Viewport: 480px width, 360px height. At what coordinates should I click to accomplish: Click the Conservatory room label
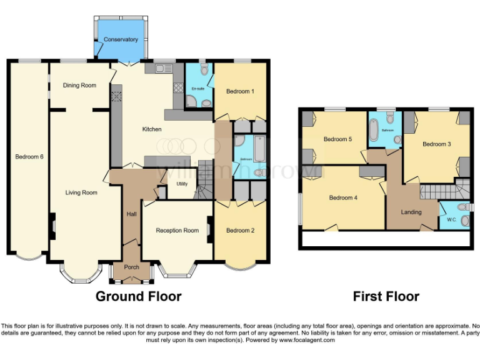[x=121, y=39]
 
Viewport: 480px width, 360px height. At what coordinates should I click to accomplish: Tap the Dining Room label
[x=80, y=85]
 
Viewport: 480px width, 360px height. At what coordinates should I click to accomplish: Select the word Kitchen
[x=152, y=129]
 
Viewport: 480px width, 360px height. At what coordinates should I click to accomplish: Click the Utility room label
[x=182, y=184]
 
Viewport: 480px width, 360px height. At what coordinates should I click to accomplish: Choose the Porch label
[x=132, y=267]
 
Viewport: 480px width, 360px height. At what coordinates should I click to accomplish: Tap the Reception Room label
[x=177, y=231]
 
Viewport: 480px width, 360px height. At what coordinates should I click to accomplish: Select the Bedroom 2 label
[x=240, y=231]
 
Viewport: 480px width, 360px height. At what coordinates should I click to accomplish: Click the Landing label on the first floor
[x=411, y=212]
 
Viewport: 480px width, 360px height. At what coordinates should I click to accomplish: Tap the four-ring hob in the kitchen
[x=116, y=96]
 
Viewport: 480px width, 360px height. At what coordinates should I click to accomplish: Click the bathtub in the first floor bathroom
[x=374, y=132]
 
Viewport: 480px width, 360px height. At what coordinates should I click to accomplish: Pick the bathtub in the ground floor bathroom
[x=260, y=150]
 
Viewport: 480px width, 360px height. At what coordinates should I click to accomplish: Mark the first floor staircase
[x=437, y=191]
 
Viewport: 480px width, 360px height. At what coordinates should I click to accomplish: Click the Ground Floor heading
[x=138, y=296]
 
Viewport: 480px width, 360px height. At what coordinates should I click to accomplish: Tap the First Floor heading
[x=386, y=296]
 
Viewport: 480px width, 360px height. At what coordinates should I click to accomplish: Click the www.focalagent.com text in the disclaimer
[x=307, y=341]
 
